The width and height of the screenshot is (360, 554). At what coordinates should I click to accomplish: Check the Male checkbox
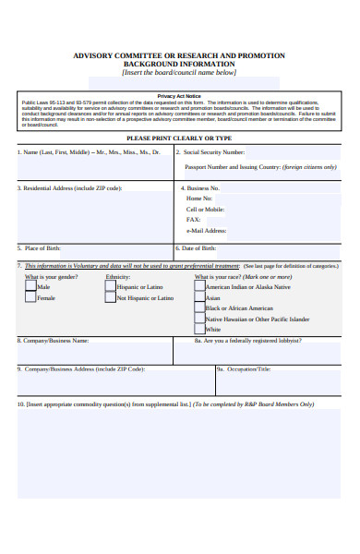(30, 287)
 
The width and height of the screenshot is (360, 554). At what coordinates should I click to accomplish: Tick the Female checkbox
(30, 298)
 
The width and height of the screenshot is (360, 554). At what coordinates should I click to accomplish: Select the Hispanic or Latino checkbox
(110, 287)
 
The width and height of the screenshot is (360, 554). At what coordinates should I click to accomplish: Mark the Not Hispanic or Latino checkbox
(110, 298)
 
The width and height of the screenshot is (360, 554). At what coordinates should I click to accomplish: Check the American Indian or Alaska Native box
(198, 287)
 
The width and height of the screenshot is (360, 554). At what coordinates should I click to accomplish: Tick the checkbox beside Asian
(198, 298)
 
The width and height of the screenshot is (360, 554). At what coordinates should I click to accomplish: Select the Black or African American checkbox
(198, 308)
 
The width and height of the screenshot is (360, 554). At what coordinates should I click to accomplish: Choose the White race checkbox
(198, 330)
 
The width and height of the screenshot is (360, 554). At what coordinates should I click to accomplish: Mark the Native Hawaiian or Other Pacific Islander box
(198, 319)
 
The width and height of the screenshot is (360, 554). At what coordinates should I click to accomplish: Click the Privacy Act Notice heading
(179, 96)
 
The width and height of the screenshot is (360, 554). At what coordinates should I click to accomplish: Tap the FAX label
(193, 220)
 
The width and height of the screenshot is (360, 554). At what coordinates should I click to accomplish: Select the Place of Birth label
(42, 248)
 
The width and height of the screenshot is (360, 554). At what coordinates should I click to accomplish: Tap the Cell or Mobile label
(205, 210)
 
